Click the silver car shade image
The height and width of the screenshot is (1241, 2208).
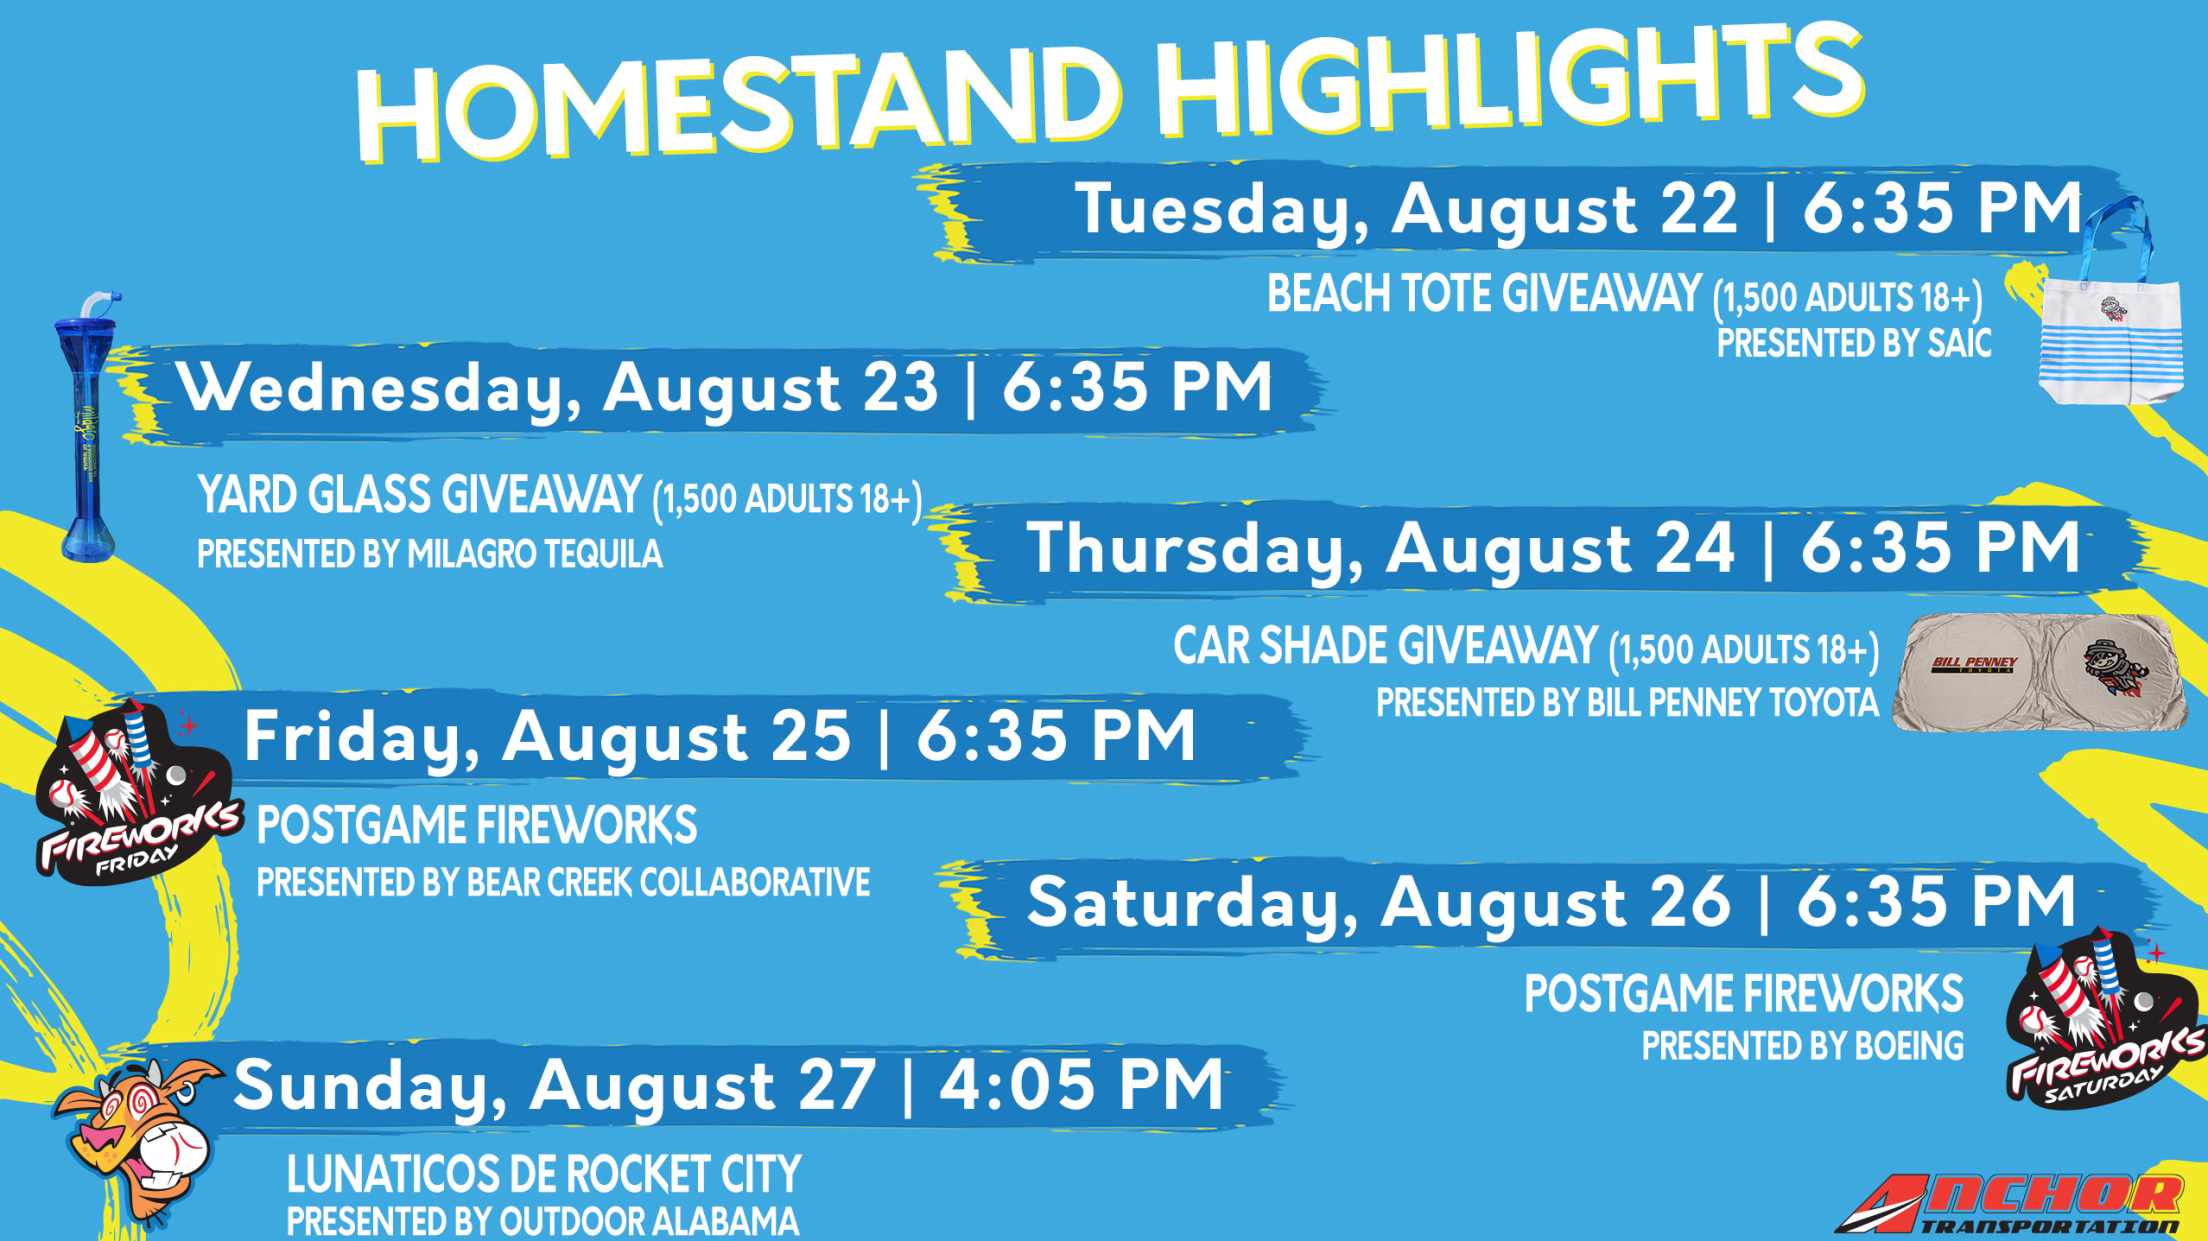(2040, 672)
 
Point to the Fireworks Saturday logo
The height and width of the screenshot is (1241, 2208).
(2104, 1020)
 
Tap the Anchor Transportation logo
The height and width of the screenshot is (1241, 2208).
(2010, 1205)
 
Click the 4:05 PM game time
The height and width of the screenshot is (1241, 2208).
(1081, 1084)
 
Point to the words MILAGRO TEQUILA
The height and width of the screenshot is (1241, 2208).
(535, 554)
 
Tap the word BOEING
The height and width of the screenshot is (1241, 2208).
(1909, 1046)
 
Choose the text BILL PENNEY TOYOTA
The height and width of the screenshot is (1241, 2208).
(1732, 703)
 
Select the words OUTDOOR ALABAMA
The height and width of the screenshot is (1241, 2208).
(649, 1221)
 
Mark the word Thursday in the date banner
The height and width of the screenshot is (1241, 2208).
(1196, 549)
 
